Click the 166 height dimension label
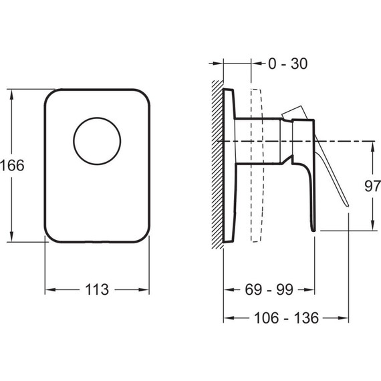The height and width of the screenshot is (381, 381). pyautogui.click(x=12, y=166)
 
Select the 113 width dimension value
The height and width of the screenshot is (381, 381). pyautogui.click(x=97, y=289)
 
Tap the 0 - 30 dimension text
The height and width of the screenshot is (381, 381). pyautogui.click(x=288, y=63)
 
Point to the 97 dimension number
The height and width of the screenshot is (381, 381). pyautogui.click(x=372, y=186)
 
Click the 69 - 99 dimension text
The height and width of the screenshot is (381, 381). pyautogui.click(x=269, y=289)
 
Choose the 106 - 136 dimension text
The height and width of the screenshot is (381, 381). pyautogui.click(x=286, y=317)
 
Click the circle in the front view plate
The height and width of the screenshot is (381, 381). pyautogui.click(x=97, y=141)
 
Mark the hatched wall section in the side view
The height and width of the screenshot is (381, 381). pyautogui.click(x=217, y=164)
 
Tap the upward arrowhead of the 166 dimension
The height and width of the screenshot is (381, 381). pyautogui.click(x=11, y=95)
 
